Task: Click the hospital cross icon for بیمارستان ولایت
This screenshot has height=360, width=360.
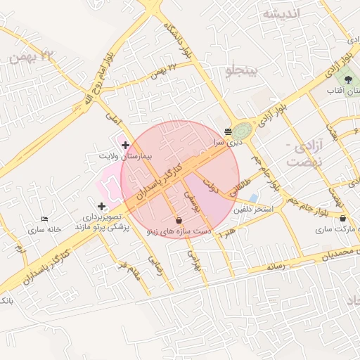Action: [125, 146]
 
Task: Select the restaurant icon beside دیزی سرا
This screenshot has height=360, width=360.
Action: [228, 131]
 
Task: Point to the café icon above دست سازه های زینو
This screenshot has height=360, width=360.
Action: [178, 220]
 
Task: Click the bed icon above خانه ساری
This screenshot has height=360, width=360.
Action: [45, 219]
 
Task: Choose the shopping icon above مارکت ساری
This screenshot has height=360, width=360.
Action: [342, 219]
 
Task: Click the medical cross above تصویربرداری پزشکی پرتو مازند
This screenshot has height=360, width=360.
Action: [102, 206]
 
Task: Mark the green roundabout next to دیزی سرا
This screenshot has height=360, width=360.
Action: [243, 131]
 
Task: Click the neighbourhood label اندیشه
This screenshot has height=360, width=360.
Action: [281, 13]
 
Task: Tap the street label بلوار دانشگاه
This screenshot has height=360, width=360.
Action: [176, 39]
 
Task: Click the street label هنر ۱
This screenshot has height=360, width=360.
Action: [228, 233]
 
